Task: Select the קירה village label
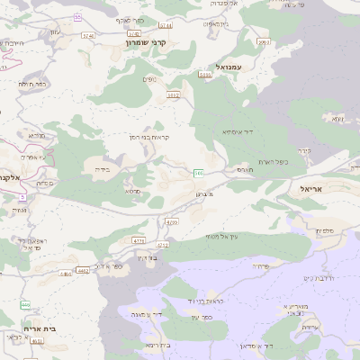(302, 149)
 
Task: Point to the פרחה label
(261, 266)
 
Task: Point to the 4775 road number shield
(138, 241)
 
